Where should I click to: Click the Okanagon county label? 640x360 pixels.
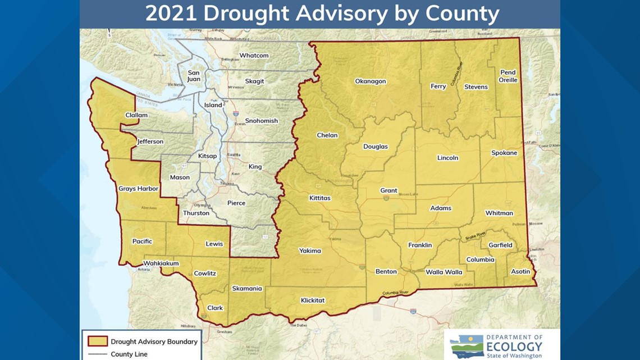(370, 81)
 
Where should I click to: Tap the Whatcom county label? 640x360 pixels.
(254, 56)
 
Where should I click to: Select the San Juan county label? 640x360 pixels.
(194, 76)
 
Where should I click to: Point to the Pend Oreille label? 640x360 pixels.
(508, 76)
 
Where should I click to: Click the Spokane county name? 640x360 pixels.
(504, 153)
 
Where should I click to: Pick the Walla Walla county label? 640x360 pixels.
(444, 272)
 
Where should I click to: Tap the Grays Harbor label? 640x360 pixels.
(138, 189)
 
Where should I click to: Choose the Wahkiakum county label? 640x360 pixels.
(161, 263)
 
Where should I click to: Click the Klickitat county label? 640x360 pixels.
(313, 300)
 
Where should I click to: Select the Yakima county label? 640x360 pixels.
(310, 250)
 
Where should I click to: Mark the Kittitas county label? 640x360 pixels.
(320, 198)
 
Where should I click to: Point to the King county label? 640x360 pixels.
(255, 167)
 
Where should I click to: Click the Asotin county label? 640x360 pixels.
(520, 272)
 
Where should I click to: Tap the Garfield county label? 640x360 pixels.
(500, 245)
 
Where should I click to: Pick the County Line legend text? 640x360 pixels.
(129, 354)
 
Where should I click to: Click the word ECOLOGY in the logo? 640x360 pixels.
(514, 347)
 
